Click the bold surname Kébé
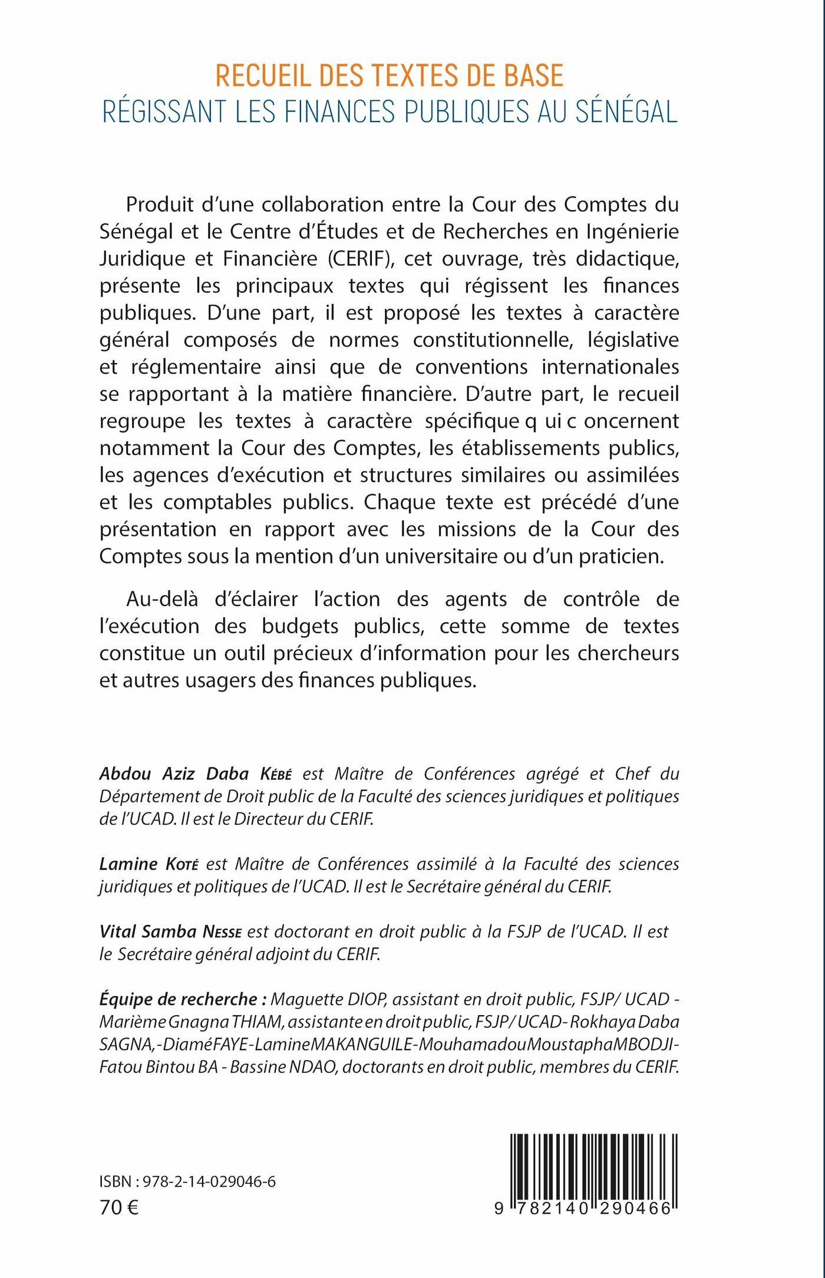coord(276,774)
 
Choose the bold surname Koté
coord(181,864)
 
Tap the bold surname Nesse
coord(222,932)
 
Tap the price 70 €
coord(119,1208)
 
